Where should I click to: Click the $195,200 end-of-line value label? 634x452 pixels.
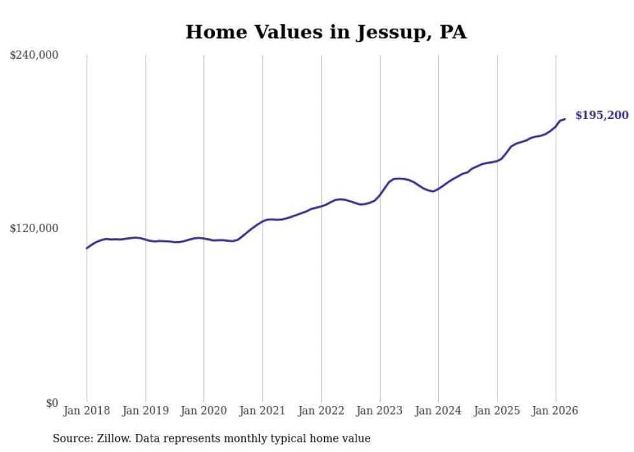(601, 116)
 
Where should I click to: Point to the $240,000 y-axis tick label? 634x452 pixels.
(34, 56)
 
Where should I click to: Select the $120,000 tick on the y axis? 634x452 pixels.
(34, 229)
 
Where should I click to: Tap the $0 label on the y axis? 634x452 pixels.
(52, 403)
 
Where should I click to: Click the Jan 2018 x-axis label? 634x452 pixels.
(87, 411)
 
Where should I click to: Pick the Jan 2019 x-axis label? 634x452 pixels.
(146, 411)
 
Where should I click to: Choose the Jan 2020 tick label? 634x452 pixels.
(204, 411)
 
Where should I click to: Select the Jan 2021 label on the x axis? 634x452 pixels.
(263, 411)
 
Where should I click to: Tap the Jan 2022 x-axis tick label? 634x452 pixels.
(321, 411)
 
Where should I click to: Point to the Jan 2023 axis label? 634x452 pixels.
(380, 411)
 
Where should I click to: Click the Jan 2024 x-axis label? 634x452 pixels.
(438, 411)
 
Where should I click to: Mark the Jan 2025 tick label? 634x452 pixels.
(497, 411)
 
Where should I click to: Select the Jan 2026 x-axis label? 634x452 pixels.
(555, 411)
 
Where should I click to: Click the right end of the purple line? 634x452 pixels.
(565, 119)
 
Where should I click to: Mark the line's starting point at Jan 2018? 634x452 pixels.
(87, 248)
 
